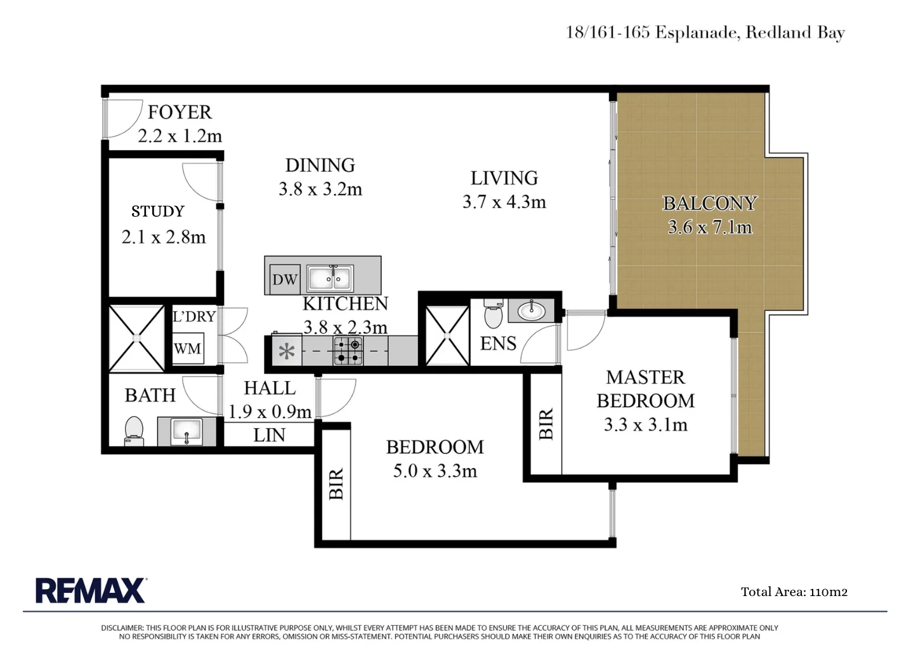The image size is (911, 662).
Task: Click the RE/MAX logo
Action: (91, 590)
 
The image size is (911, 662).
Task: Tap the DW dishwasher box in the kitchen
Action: (285, 279)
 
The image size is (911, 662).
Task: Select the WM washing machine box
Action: (188, 349)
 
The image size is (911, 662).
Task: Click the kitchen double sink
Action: (330, 278)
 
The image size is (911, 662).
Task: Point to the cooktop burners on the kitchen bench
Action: (348, 351)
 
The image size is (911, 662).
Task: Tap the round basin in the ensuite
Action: (531, 311)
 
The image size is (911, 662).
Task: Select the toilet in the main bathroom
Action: (134, 431)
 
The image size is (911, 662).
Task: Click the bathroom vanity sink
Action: (187, 431)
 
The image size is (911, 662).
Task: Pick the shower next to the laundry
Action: (136, 338)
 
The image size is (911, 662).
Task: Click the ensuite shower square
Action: (447, 336)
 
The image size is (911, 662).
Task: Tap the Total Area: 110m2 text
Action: (794, 592)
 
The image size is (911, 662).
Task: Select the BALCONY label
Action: (710, 203)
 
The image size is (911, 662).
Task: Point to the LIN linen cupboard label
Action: (269, 435)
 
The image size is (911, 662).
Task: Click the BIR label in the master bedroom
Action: (546, 424)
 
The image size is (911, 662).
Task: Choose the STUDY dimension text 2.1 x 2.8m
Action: (164, 237)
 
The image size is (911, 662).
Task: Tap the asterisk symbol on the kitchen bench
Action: (287, 351)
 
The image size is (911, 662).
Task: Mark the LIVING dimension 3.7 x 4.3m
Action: (504, 202)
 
